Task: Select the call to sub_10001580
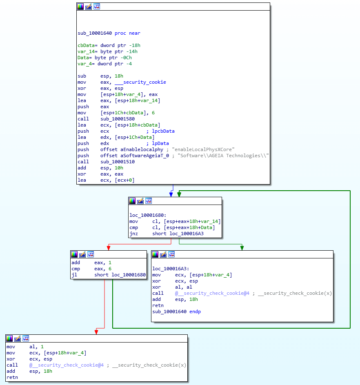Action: click(x=106, y=119)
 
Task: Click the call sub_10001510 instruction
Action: click(x=106, y=162)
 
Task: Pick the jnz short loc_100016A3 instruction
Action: click(x=166, y=234)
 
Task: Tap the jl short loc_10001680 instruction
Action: click(x=108, y=275)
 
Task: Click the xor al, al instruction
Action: click(x=168, y=287)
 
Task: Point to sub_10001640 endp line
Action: click(x=176, y=312)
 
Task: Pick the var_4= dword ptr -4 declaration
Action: click(x=104, y=64)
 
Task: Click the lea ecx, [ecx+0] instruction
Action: click(x=106, y=180)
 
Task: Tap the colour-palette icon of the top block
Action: click(x=80, y=7)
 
